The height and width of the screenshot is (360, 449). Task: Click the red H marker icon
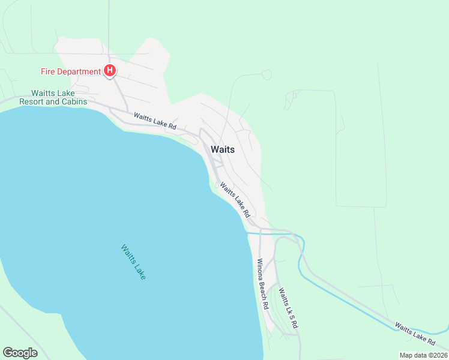coord(110,71)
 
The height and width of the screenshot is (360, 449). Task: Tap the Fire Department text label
coord(70,72)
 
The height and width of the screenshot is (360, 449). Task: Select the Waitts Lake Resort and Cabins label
coord(53,98)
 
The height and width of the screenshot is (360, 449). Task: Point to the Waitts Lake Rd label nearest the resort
coord(155,121)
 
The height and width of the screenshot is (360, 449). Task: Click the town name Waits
coord(222,150)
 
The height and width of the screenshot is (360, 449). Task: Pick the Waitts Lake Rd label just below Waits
coord(235,199)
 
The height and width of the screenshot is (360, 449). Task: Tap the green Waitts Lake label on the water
coord(133,262)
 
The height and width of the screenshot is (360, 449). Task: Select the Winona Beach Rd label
coord(262,283)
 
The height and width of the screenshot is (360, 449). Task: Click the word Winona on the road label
coord(260,269)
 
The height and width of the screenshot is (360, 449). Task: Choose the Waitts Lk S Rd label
coord(288,307)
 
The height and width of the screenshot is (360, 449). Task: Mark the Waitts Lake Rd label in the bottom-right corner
coord(415,334)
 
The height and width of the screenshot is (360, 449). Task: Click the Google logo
coord(20,353)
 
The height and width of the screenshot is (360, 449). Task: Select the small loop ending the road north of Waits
coord(267,74)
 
